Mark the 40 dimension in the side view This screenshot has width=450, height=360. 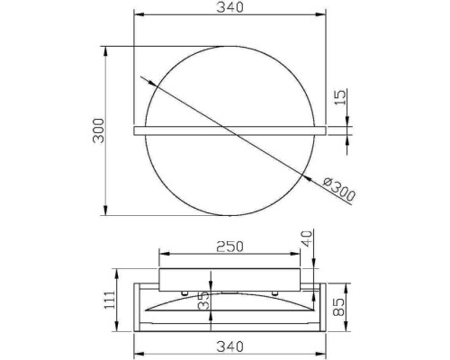coord(309,240)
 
